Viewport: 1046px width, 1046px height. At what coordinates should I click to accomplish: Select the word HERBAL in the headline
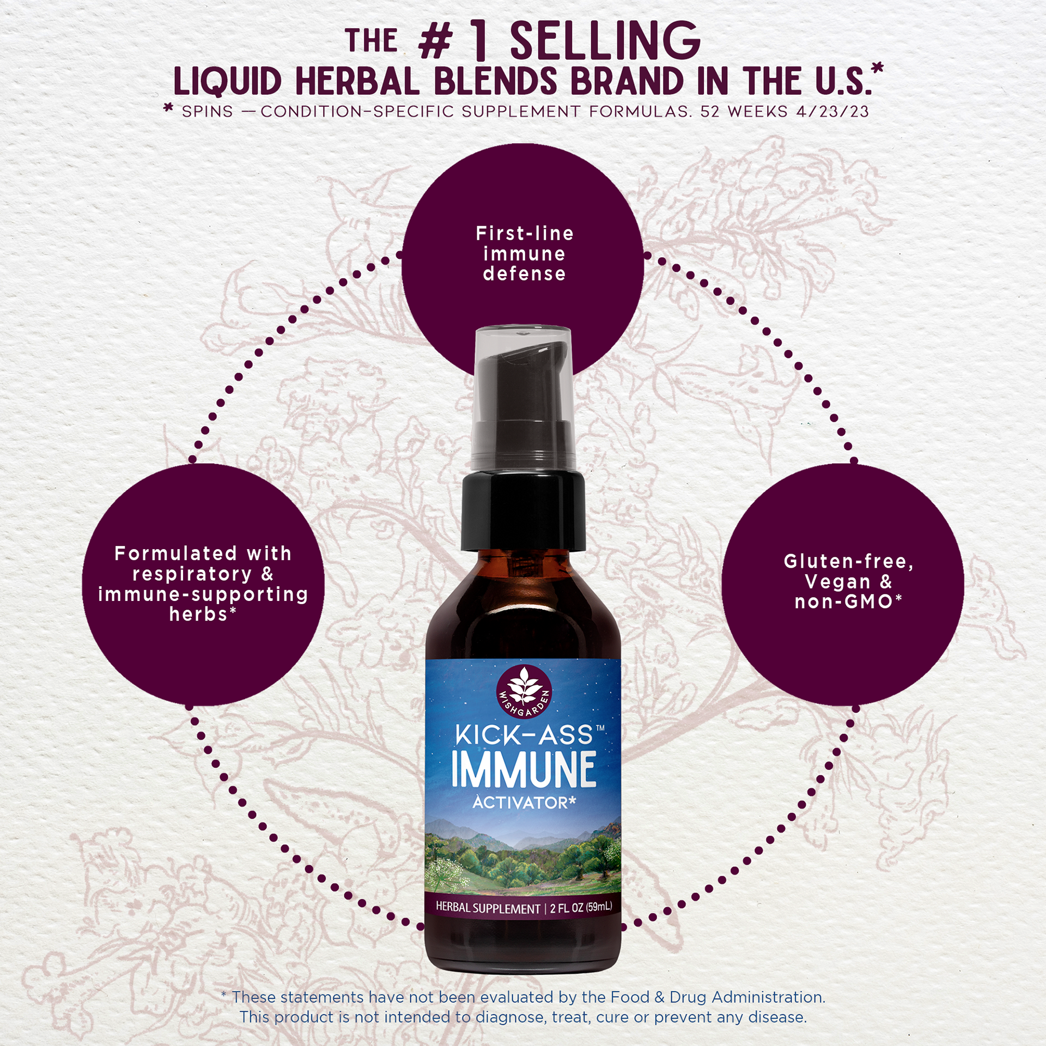click(357, 82)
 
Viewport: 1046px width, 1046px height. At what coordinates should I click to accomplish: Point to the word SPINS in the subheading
click(207, 112)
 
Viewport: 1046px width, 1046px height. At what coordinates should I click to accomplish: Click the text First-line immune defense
click(524, 254)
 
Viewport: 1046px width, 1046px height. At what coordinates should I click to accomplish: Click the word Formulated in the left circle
click(175, 554)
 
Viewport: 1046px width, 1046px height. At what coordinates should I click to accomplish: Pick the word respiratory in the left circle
click(192, 574)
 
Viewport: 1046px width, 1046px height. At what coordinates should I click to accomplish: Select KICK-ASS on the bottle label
click(524, 734)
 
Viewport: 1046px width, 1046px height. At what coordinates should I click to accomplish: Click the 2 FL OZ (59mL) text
click(581, 907)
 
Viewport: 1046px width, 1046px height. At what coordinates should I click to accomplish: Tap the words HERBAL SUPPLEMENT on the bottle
click(488, 908)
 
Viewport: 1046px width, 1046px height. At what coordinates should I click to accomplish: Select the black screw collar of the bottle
click(523, 512)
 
